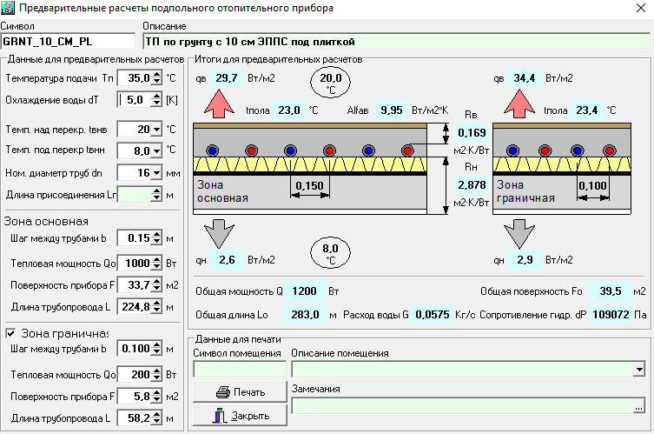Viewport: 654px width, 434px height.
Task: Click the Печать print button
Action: [240, 391]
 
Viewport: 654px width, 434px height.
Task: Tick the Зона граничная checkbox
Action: [10, 333]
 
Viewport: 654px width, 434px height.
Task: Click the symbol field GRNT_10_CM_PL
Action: [68, 42]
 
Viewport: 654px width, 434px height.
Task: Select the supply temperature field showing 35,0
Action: [135, 77]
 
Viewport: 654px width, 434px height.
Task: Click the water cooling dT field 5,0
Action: [135, 99]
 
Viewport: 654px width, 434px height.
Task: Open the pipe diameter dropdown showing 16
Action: [157, 172]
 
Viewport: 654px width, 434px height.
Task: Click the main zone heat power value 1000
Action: [135, 264]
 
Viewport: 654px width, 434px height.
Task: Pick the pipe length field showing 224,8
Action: [135, 307]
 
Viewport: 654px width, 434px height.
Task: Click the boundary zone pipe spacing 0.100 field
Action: [135, 349]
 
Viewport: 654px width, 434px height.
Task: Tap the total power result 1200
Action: [304, 291]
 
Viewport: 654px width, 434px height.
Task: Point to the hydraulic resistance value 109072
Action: [611, 315]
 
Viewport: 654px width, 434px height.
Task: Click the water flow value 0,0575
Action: [433, 315]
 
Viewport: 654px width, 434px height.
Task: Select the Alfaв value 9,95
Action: [391, 110]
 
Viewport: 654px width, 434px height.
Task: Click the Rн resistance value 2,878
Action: [472, 184]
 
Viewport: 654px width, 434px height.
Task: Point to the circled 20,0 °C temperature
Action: [330, 83]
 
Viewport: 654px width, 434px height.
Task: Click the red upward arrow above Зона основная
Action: [219, 104]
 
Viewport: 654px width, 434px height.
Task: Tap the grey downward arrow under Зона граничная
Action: [519, 234]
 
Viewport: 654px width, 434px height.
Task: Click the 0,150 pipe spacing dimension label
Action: [309, 185]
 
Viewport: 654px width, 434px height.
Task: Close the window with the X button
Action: [641, 8]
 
